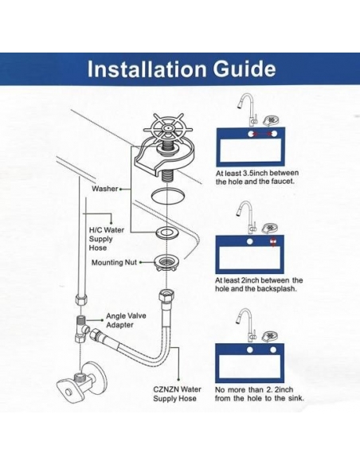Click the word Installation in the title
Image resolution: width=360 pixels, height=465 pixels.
[147, 69]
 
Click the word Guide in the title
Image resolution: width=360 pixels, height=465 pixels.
[245, 69]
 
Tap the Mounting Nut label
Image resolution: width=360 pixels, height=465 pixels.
[114, 263]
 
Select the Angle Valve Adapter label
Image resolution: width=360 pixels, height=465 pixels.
[126, 320]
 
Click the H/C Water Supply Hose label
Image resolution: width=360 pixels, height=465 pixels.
[106, 239]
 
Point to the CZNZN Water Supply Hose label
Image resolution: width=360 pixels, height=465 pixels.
[177, 394]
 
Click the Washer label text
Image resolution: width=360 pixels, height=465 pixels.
[104, 189]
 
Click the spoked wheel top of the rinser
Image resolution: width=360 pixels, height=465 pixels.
[168, 128]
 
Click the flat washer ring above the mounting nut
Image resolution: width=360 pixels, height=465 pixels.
[166, 232]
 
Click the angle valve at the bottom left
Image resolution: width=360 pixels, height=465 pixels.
[81, 383]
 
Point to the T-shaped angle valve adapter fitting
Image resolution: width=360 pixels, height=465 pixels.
[82, 329]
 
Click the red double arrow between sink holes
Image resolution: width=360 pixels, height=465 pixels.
[263, 134]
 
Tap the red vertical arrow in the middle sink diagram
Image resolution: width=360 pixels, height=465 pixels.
[273, 242]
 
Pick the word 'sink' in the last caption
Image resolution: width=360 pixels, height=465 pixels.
[296, 398]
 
